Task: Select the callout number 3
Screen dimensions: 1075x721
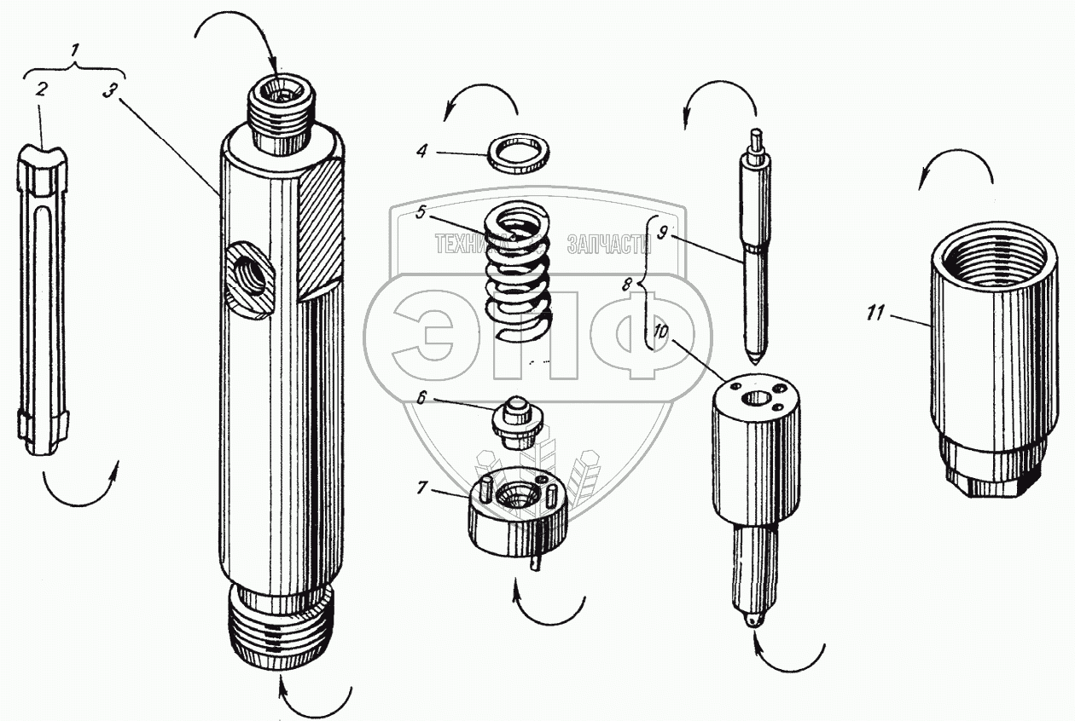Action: tap(107, 91)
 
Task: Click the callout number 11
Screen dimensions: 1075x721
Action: tap(874, 314)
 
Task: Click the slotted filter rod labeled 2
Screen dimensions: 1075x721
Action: tap(41, 298)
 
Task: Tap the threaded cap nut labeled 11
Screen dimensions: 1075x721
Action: tap(987, 358)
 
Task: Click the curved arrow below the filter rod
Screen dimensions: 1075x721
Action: tap(79, 490)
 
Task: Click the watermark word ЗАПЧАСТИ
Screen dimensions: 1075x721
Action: tap(608, 245)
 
